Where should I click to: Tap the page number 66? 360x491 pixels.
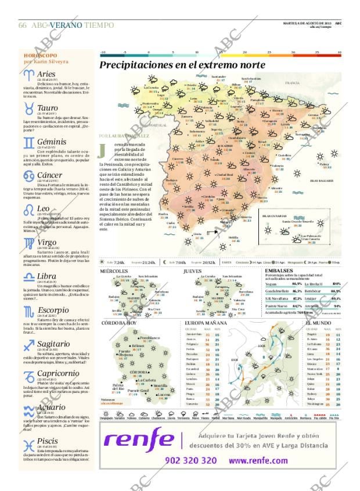click(23, 26)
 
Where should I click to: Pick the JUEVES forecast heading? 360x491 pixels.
click(192, 271)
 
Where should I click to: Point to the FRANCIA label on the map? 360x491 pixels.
click(292, 84)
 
